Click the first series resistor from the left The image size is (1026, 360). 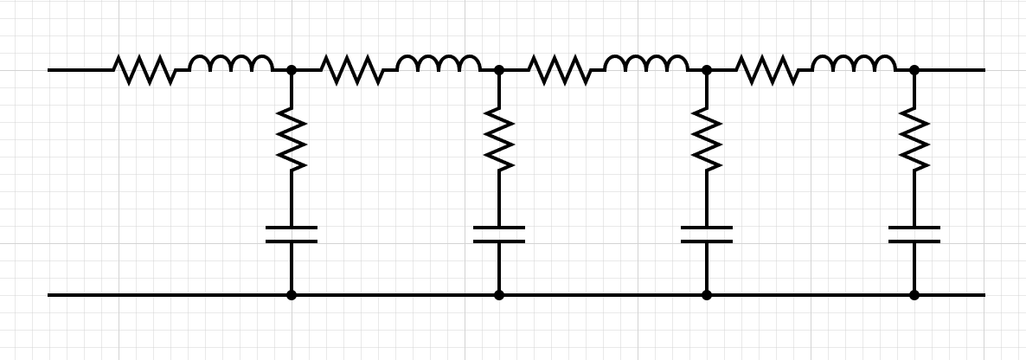144,69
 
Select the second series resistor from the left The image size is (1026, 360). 352,69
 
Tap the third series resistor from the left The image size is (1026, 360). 560,69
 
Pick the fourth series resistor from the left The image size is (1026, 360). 767,69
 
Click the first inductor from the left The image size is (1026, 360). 231,65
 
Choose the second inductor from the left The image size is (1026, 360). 439,65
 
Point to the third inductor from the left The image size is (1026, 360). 646,65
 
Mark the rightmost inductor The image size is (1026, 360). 854,65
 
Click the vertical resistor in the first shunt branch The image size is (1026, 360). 292,138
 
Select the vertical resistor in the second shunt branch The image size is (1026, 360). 499,138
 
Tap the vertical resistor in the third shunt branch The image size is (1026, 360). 707,138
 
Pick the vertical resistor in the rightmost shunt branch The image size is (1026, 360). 914,138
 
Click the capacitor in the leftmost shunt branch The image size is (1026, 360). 292,235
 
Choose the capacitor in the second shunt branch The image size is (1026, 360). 499,235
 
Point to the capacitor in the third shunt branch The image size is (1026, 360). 707,235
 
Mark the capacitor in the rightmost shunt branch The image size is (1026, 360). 914,235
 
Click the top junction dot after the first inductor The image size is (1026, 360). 292,69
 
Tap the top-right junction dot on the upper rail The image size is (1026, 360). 914,69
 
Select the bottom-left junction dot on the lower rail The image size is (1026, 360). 292,295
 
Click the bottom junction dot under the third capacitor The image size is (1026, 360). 707,295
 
